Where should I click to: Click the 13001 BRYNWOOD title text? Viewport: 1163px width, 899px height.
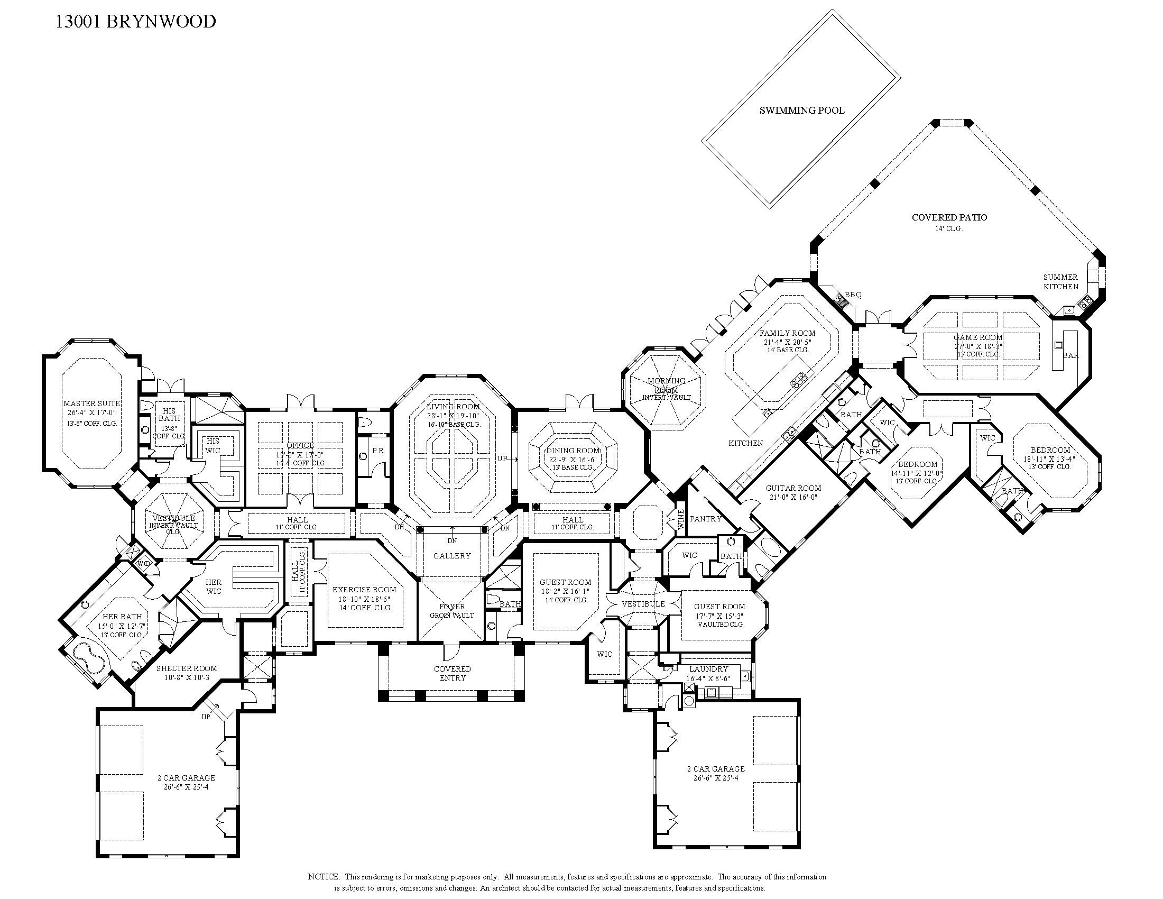[x=136, y=22]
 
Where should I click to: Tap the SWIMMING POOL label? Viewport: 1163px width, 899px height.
[x=801, y=111]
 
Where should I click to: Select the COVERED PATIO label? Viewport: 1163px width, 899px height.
[x=949, y=217]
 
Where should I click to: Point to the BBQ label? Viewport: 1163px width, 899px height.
[x=853, y=295]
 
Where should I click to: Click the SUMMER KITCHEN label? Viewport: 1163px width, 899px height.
[x=1060, y=282]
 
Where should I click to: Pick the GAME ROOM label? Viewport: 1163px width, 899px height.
[x=977, y=337]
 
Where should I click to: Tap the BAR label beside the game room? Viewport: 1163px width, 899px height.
[x=1070, y=355]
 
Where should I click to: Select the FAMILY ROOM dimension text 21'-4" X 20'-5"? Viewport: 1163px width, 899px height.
[x=787, y=342]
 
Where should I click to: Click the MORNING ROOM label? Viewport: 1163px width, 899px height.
[x=666, y=386]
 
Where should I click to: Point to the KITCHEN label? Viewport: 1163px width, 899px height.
[x=745, y=443]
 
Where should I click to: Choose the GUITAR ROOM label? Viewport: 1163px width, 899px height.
[x=793, y=488]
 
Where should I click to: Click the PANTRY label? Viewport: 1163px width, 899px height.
[x=705, y=518]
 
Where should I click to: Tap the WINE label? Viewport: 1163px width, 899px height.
[x=680, y=520]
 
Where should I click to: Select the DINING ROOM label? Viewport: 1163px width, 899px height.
[x=573, y=451]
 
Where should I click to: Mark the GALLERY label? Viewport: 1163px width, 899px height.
[x=451, y=555]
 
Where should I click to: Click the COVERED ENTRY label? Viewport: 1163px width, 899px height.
[x=452, y=673]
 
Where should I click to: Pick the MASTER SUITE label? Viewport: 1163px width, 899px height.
[x=91, y=403]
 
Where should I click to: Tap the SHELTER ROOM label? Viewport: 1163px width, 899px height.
[x=187, y=668]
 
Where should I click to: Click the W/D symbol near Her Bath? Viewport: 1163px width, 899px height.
[x=143, y=563]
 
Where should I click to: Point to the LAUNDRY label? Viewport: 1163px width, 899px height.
[x=708, y=669]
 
